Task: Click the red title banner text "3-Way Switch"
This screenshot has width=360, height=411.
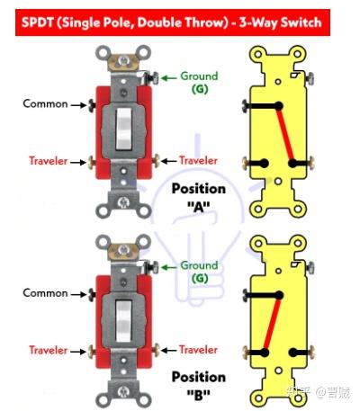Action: pos(280,22)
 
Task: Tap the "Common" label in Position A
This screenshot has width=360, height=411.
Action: pos(45,103)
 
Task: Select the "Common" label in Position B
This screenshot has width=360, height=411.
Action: pos(45,293)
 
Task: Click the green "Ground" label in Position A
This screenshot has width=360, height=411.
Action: pos(199,76)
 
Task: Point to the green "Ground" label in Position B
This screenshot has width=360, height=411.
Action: pos(199,265)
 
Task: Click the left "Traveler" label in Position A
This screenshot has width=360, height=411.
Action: pos(49,161)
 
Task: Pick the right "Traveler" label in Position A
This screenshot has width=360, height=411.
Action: pos(198,160)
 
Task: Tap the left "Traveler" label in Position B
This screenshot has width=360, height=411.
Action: pos(49,350)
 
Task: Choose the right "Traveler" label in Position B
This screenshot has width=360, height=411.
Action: pos(198,350)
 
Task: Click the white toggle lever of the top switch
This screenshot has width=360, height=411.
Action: pos(124,129)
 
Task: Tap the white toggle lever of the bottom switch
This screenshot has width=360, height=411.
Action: pos(124,321)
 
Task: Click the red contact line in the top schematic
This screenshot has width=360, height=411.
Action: pos(285,135)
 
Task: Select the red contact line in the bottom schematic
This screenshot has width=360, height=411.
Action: pos(273,324)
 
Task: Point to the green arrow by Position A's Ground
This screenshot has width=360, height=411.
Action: pos(169,78)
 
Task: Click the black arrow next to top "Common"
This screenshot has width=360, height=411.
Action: pos(78,105)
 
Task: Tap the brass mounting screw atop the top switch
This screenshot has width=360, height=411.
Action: pos(123,61)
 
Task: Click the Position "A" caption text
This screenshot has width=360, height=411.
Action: pos(199,198)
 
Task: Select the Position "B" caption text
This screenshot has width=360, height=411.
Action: pos(199,386)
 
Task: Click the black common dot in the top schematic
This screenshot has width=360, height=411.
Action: pos(279,105)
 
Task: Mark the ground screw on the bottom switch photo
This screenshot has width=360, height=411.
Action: pos(151,267)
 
